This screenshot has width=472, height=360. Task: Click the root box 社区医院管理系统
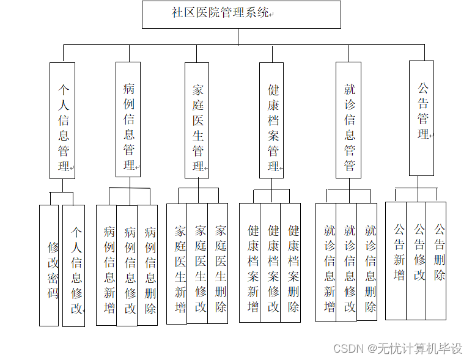242,14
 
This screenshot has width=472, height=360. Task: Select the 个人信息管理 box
62,120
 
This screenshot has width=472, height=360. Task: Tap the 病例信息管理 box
128,119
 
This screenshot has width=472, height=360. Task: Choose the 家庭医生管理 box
197,120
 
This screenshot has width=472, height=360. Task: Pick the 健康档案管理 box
272,120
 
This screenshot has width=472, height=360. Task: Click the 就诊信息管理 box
348,120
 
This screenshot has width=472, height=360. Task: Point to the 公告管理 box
422,118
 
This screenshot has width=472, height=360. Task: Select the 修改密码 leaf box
50,265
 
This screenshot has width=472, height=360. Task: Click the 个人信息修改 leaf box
74,265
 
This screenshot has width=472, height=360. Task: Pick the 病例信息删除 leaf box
147,265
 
